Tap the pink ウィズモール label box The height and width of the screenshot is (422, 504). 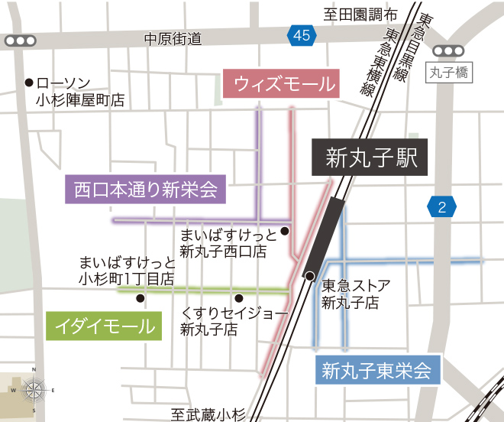click(x=280, y=85)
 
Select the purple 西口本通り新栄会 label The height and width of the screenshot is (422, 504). click(x=146, y=189)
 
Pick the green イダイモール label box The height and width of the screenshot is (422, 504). click(x=105, y=326)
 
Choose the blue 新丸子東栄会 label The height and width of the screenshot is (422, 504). click(x=377, y=371)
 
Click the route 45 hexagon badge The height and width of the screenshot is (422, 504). click(x=302, y=34)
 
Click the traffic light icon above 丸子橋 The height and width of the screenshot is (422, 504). click(x=447, y=50)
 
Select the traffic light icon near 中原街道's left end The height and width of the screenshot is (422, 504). click(x=19, y=41)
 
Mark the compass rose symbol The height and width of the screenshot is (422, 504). click(x=34, y=390)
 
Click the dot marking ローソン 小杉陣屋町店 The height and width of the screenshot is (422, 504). click(x=29, y=83)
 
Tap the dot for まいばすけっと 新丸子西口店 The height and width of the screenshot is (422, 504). click(x=284, y=231)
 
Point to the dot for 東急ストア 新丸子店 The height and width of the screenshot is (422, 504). click(x=309, y=275)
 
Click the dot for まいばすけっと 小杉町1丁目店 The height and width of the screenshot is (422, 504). click(x=141, y=298)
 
